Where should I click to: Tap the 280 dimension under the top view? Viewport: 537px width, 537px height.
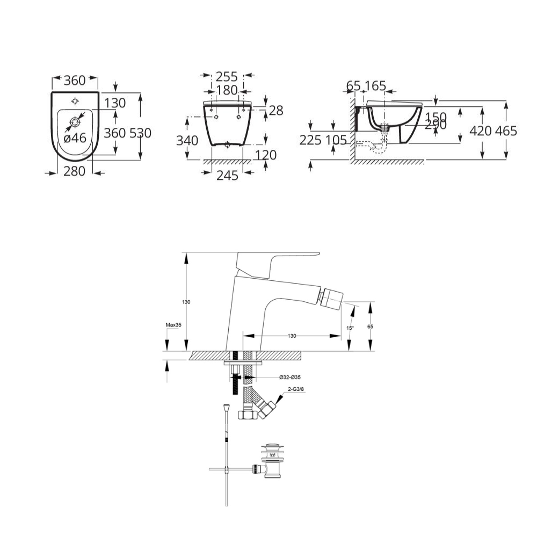(75, 172)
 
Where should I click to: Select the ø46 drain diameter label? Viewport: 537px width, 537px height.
(75, 138)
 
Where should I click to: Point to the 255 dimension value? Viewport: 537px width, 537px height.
(227, 77)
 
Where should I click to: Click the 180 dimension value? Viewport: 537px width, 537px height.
(227, 90)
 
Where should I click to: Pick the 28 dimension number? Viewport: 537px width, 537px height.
(275, 111)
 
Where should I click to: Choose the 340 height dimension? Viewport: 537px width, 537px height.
(187, 141)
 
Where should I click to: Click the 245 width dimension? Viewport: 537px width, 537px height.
(227, 175)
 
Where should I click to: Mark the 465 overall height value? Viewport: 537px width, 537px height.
(506, 130)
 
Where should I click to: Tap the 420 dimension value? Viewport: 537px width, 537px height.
(481, 130)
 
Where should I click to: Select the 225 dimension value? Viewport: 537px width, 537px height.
(311, 140)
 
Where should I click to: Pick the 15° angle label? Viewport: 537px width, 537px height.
(350, 328)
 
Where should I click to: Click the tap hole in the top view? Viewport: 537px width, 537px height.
(75, 100)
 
